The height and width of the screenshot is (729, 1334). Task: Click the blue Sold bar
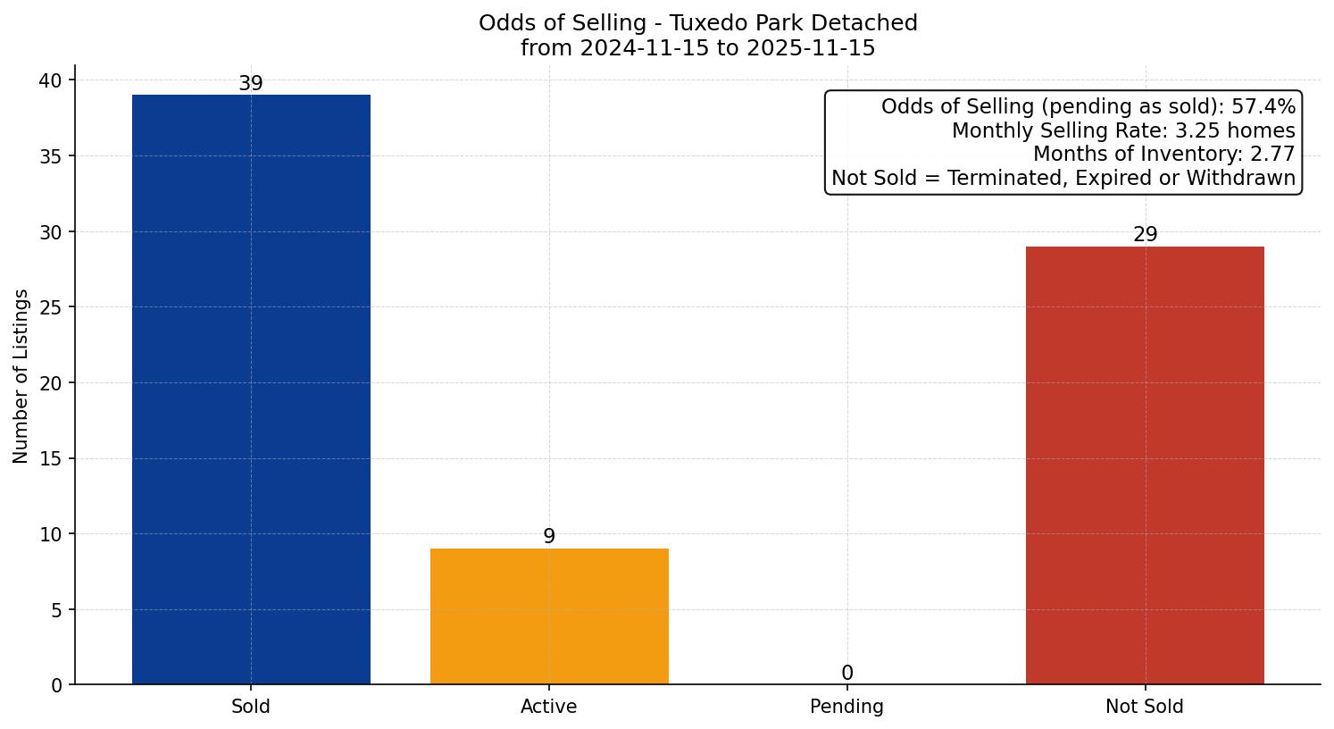251,390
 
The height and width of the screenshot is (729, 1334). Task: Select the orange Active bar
549,616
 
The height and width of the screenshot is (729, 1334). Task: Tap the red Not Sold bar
1145,465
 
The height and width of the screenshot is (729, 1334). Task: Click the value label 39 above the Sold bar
251,84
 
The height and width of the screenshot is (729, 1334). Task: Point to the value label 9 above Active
549,537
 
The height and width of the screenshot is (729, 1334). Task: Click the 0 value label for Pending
846,674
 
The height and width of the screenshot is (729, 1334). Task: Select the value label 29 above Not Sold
1145,235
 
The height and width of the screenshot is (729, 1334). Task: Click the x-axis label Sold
251,707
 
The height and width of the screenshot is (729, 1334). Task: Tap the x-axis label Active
549,707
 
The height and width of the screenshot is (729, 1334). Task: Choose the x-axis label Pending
846,707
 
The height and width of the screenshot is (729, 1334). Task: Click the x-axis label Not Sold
1145,707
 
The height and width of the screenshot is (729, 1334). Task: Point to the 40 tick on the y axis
50,81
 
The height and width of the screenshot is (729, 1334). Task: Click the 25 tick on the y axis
50,308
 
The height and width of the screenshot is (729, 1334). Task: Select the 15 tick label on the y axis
50,459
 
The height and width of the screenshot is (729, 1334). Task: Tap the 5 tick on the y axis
55,610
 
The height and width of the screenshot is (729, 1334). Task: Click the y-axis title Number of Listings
21,376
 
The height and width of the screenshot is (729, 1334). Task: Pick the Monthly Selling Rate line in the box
1122,131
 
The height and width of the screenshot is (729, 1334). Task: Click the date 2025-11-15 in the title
811,48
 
